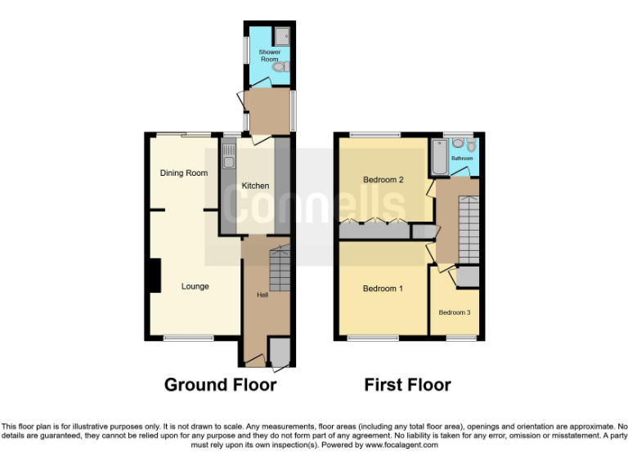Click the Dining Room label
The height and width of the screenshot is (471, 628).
(x=183, y=173)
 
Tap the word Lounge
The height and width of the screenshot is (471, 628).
(x=195, y=286)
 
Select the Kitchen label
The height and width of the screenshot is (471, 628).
(x=254, y=186)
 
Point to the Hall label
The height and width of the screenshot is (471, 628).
(x=262, y=294)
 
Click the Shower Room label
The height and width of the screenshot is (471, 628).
(x=270, y=56)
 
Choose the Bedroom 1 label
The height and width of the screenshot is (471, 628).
(x=383, y=289)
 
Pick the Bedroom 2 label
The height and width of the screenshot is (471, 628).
(x=384, y=179)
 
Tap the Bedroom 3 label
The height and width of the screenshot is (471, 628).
(x=454, y=312)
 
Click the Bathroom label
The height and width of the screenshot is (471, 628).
(x=462, y=159)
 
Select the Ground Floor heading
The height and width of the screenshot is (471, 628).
(x=220, y=384)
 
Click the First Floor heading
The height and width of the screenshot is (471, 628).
(x=407, y=384)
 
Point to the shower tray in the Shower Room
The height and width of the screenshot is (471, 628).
(x=282, y=35)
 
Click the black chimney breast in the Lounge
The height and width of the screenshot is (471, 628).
(x=153, y=274)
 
